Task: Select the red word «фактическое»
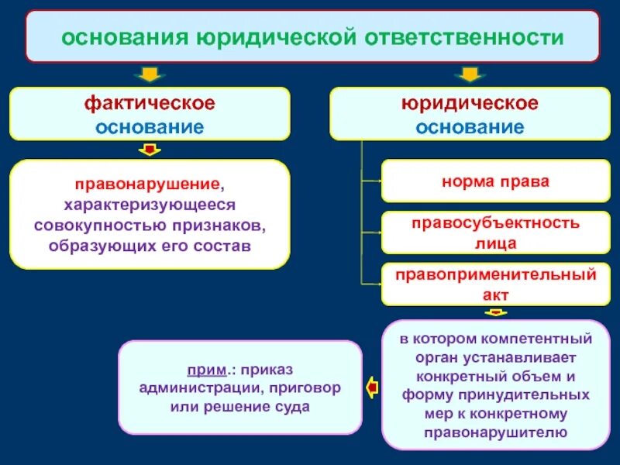click(150, 104)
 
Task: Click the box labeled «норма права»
click(495, 181)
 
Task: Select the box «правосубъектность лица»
click(495, 232)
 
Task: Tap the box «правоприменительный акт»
click(495, 284)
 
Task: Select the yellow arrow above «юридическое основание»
click(468, 74)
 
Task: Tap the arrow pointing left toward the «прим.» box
click(373, 384)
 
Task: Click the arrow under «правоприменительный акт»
click(494, 312)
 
